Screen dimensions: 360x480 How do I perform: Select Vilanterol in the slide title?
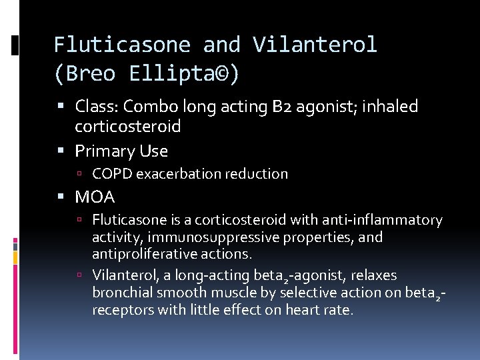coord(315,45)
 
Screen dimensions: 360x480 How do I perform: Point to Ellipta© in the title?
coord(184,74)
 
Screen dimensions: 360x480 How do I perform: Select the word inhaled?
coord(389,107)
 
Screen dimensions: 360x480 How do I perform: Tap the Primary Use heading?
coord(121,151)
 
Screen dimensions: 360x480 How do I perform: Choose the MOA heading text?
coord(95,197)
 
